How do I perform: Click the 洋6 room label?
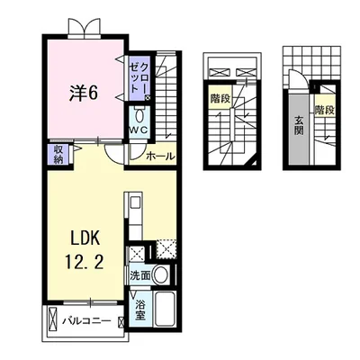tap(84, 93)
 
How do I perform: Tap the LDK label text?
tap(85, 238)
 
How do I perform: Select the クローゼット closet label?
tap(139, 77)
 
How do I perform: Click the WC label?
tap(139, 130)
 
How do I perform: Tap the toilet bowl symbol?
tap(139, 115)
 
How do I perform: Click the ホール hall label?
tap(160, 157)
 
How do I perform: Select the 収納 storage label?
tap(58, 154)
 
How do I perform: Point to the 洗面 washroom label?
tap(139, 275)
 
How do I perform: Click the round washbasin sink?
tap(160, 274)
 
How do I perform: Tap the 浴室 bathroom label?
tap(140, 310)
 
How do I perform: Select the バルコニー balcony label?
tap(86, 321)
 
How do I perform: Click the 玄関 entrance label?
tap(299, 125)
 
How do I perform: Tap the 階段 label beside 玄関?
tap(325, 110)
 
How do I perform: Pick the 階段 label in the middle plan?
tap(220, 99)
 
